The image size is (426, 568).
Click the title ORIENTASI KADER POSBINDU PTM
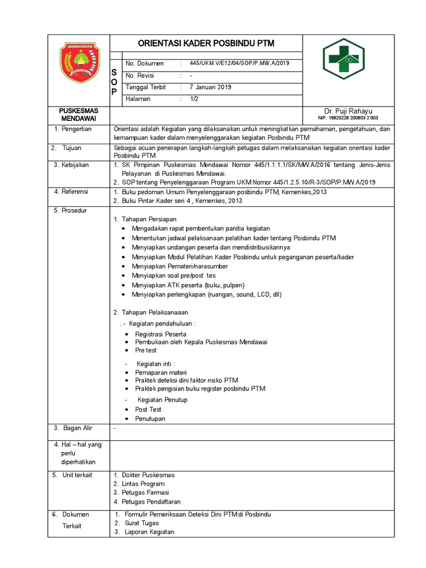206,43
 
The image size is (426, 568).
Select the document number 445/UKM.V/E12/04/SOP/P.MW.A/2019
239,63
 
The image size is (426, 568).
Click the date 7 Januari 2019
210,87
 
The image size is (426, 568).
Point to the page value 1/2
194,99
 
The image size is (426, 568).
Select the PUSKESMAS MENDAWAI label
78,115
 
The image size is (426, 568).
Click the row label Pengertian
78,129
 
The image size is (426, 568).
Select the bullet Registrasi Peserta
161,334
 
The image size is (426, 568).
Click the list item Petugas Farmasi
145,492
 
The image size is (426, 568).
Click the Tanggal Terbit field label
145,87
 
